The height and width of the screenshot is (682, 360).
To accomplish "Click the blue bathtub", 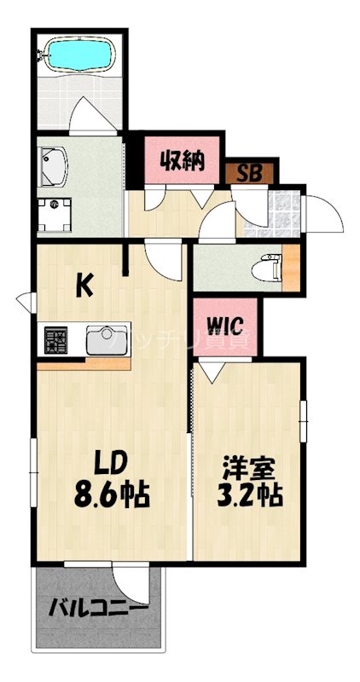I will (79, 56).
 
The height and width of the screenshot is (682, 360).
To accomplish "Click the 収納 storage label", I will (183, 159).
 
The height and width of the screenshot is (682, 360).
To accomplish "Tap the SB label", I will (249, 173).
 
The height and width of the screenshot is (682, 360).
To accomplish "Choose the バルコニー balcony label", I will (96, 610).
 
